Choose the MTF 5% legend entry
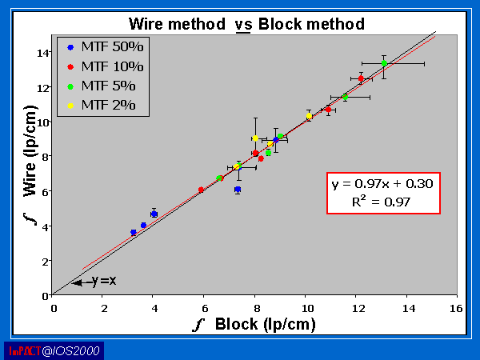pyautogui.click(x=103, y=85)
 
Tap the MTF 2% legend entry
pyautogui.click(x=103, y=104)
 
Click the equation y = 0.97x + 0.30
pyautogui.click(x=382, y=184)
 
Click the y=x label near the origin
pyautogui.click(x=103, y=282)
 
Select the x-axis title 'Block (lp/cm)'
pyautogui.click(x=263, y=325)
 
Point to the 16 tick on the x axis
pyautogui.click(x=456, y=306)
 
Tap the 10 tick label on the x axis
pyautogui.click(x=305, y=306)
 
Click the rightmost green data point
pyautogui.click(x=384, y=63)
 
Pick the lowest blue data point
pyautogui.click(x=134, y=233)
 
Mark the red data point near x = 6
pyautogui.click(x=201, y=190)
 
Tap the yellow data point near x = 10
pyautogui.click(x=309, y=116)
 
